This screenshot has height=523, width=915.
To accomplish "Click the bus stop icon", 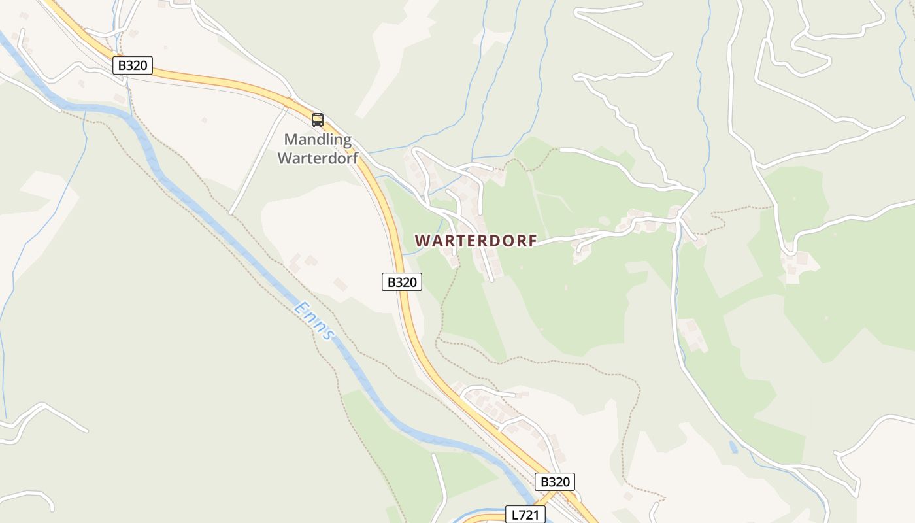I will [318, 120].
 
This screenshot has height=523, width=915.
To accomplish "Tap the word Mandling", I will [318, 139].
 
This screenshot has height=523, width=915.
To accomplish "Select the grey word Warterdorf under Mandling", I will [318, 158].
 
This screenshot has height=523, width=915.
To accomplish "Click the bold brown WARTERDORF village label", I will [476, 241].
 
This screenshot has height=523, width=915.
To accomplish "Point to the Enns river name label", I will [314, 320].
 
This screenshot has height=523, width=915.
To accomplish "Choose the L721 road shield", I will [525, 515].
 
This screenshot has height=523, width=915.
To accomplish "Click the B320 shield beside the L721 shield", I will [555, 482].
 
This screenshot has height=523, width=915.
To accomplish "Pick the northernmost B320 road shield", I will [133, 65].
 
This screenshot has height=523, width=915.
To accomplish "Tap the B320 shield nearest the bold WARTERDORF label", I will [402, 282].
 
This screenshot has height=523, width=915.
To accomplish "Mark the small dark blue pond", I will [733, 447].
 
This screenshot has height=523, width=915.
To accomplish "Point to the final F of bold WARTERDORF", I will [532, 241].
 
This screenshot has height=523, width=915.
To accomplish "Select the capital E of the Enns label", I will [301, 307].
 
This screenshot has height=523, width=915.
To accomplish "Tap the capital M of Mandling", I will [291, 139].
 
